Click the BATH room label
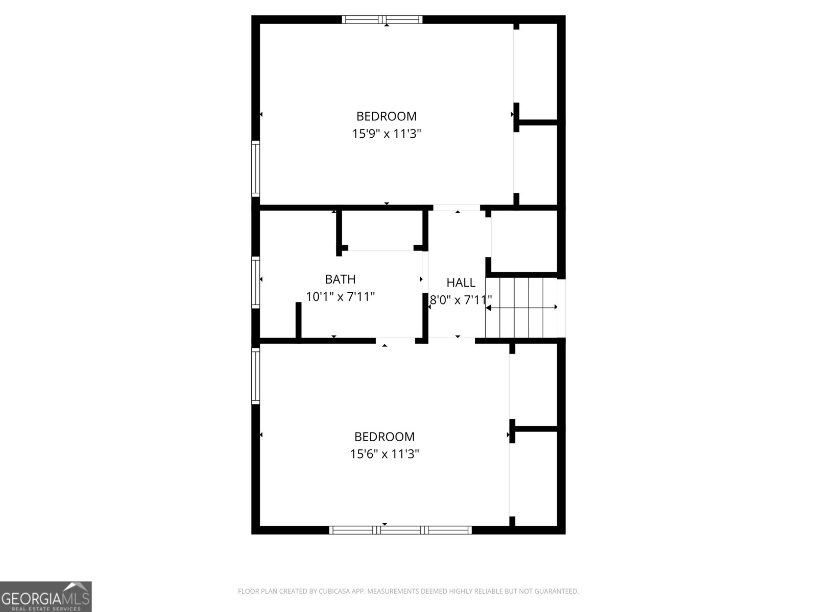[340, 279]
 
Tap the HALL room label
[461, 283]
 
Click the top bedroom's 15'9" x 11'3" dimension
[387, 134]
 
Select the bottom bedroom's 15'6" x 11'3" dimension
[385, 454]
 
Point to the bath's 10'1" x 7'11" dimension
[340, 296]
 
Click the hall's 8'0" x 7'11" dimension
[461, 300]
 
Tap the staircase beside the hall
[521, 308]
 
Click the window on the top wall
[382, 20]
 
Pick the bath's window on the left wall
[256, 282]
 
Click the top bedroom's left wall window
[256, 168]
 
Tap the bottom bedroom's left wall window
[256, 375]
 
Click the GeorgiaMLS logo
[46, 597]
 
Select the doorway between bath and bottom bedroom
[395, 340]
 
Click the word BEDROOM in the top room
[387, 116]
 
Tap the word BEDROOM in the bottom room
[385, 437]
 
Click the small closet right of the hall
[524, 241]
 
